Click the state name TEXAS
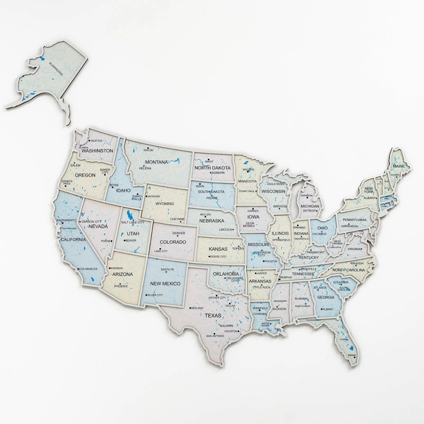pos(213,315)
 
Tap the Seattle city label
pos(96,141)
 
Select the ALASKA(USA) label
pos(56,69)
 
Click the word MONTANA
pos(157,162)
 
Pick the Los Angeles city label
pos(88,269)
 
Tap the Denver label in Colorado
pos(179,233)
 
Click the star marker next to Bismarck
pos(211,173)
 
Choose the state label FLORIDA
pos(344,339)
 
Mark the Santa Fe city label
pos(167,270)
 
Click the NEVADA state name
pos(98,226)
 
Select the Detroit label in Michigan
pos(310,211)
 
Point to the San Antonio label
pos(215,336)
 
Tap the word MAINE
pos(399,166)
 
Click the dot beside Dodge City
pos(209,257)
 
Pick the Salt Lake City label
pos(133,222)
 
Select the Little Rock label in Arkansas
pos(262,287)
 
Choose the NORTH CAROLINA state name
pos(348,270)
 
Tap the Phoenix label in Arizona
pos(121,286)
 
